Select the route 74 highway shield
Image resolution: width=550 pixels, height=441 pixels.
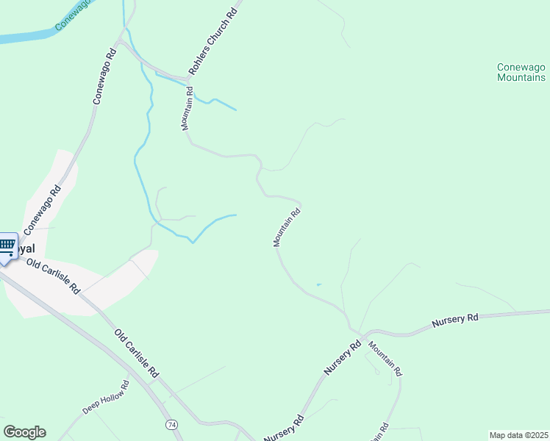click(171, 425)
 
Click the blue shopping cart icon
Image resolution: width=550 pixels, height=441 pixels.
click(7, 246)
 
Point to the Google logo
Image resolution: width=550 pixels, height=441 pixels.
click(24, 432)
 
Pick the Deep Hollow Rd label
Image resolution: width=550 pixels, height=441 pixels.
click(106, 398)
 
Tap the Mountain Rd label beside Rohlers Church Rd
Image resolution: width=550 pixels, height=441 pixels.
click(187, 109)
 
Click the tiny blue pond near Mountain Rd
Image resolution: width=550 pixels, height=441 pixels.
click(318, 284)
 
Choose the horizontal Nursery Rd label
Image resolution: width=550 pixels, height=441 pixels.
click(455, 318)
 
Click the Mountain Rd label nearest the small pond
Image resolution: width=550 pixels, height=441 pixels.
click(287, 228)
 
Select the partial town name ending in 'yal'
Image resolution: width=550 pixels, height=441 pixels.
click(27, 248)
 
